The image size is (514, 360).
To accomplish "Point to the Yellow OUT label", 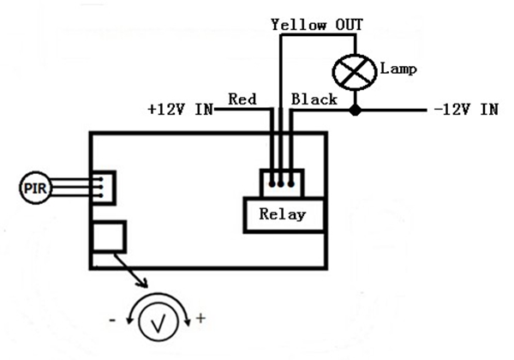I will [x=317, y=24].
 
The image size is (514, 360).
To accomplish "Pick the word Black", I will [x=314, y=99].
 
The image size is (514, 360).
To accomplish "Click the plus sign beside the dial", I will [x=201, y=318].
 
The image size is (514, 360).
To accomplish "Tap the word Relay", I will [x=282, y=214].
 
